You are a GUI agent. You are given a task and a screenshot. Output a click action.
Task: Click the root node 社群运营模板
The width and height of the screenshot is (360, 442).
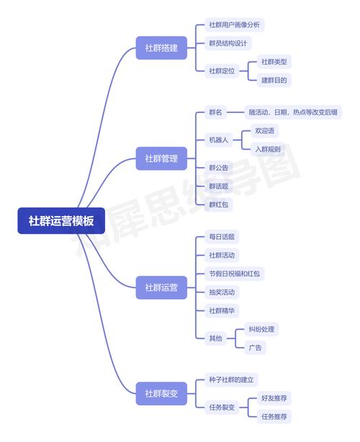[60, 221]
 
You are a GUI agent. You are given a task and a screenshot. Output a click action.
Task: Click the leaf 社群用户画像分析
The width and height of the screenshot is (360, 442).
[233, 25]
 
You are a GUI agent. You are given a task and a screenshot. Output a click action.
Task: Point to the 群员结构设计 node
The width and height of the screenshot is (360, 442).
[227, 43]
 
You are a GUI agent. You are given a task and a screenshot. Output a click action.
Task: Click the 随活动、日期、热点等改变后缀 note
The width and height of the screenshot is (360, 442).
[293, 112]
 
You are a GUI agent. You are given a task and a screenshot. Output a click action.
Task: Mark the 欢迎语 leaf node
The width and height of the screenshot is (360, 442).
[264, 131]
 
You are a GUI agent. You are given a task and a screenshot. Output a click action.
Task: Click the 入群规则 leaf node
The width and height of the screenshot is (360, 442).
[266, 149]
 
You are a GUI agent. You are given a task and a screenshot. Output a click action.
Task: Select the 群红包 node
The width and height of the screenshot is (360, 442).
[218, 204]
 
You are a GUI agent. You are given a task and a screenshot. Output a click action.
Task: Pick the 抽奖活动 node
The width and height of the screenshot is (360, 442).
[221, 292]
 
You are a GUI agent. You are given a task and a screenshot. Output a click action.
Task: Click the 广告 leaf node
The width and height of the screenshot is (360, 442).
[254, 347]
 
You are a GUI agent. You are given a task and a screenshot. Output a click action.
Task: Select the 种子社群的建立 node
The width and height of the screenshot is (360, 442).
[231, 379]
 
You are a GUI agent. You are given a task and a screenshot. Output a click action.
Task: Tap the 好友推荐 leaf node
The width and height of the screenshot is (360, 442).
[276, 397]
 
